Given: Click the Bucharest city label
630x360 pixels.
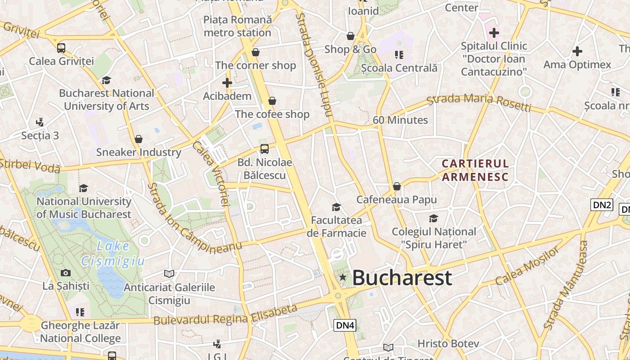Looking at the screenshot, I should coord(402,278).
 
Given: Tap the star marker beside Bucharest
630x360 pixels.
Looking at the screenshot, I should coord(343,278).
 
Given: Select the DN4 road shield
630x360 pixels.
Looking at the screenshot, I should coord(345,325).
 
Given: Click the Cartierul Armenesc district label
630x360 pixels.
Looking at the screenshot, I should coord(475,170).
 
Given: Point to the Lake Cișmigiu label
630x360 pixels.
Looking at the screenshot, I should coord(113,253).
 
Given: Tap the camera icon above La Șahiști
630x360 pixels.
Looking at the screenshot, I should coord(66,273).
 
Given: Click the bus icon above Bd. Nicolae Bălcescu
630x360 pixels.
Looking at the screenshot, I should coord(265,149).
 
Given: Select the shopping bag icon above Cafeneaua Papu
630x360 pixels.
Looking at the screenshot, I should coord(397,186).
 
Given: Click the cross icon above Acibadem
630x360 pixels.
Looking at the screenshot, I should coord(227,83).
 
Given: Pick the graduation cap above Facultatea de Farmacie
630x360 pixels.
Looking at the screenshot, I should coord(336,207).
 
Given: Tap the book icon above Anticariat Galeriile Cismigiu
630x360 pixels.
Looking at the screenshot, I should coord(169,274).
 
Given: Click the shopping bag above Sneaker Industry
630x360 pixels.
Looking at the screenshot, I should coord(139,139).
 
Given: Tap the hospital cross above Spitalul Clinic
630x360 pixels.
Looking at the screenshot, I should coord(494,33).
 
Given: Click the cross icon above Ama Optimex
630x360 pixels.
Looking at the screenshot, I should coord(577,51).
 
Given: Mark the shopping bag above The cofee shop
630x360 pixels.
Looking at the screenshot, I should coord(272,101).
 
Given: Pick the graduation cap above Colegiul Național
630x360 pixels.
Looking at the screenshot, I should coord(434,218).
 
